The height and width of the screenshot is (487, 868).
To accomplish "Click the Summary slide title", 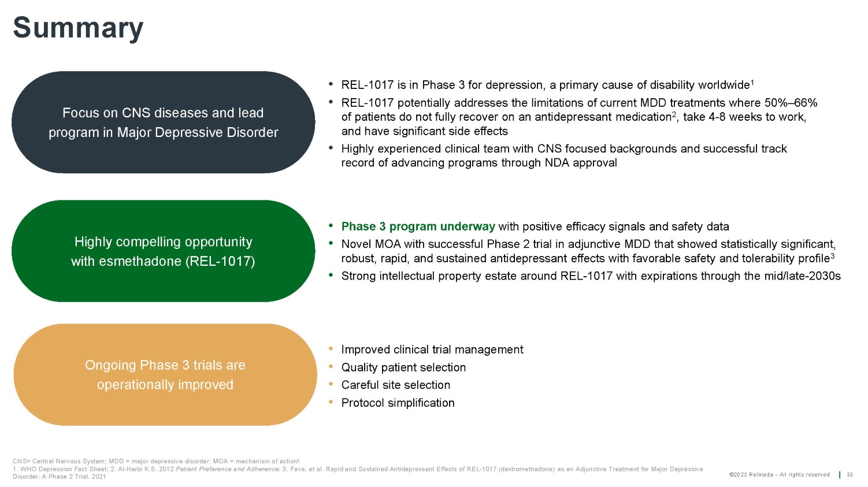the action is [x=78, y=28].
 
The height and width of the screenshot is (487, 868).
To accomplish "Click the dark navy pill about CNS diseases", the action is [x=163, y=122].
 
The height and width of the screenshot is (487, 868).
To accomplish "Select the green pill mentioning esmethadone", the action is [x=163, y=251].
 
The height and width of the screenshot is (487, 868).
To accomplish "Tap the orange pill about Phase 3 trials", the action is [x=165, y=375].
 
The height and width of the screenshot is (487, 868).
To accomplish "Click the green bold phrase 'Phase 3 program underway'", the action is [x=418, y=226].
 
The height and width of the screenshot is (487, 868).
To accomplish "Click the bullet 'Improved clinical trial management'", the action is [x=432, y=350].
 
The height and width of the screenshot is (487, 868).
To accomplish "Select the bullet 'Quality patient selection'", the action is [x=403, y=367].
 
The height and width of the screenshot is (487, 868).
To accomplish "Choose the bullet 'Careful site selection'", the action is [x=396, y=385].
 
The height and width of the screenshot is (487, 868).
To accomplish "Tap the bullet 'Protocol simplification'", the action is [x=398, y=403].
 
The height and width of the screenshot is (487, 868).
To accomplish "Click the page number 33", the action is [x=850, y=475].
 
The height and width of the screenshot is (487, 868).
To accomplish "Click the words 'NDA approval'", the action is [x=581, y=163].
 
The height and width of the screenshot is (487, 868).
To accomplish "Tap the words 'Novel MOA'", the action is [x=370, y=244].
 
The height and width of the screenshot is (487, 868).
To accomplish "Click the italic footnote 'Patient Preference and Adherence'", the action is [x=227, y=469].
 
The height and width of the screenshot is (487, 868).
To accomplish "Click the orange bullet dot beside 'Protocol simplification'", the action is [x=331, y=402].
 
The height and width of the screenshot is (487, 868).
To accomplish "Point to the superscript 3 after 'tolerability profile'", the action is [x=832, y=255].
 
